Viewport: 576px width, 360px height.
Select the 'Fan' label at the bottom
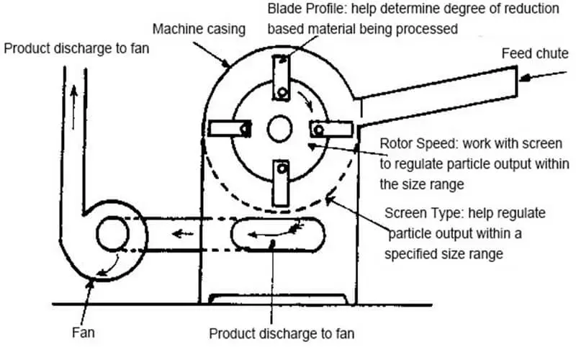pos(84,333)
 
